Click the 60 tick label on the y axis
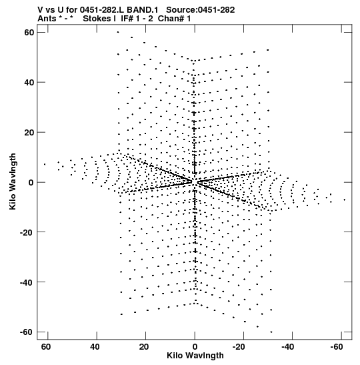[x=29, y=33]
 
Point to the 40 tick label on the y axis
[x=29, y=82]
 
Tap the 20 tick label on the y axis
[x=29, y=132]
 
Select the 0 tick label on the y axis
[x=31, y=182]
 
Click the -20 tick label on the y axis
[x=27, y=232]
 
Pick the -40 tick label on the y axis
[x=27, y=282]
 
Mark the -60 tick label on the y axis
[x=27, y=332]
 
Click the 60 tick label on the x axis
[x=45, y=347]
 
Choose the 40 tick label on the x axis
[x=95, y=347]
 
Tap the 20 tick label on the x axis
[x=144, y=347]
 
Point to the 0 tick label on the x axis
[x=195, y=347]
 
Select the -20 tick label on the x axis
[x=239, y=347]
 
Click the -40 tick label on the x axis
[x=288, y=347]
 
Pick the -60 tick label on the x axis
[x=337, y=347]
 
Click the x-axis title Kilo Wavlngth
[x=195, y=356]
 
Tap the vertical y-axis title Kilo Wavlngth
[x=13, y=181]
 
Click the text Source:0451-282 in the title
[x=201, y=10]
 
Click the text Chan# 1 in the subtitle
[x=174, y=19]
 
